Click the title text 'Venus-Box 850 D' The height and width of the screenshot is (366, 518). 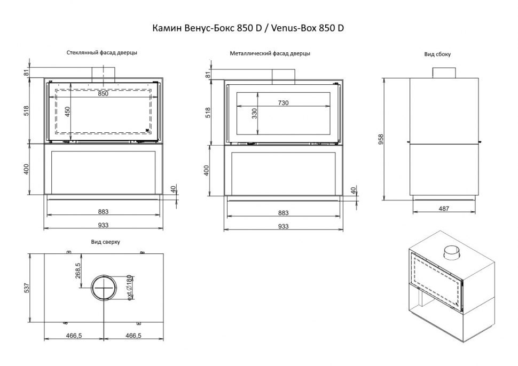[308, 28]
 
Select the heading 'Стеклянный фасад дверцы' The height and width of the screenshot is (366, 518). [102, 53]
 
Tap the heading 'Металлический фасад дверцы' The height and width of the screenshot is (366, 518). [270, 53]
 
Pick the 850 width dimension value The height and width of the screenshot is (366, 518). [103, 93]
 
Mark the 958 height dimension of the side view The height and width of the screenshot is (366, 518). [379, 139]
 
